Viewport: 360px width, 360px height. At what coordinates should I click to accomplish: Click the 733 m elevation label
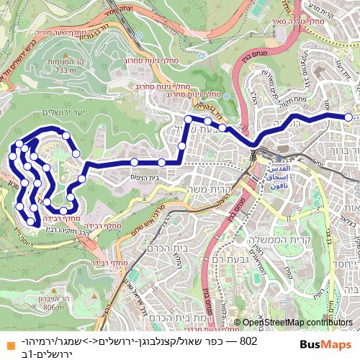point(66,71)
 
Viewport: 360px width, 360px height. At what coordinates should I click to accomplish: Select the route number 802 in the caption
point(248,341)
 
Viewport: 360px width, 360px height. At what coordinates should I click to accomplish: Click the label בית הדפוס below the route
point(144,177)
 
